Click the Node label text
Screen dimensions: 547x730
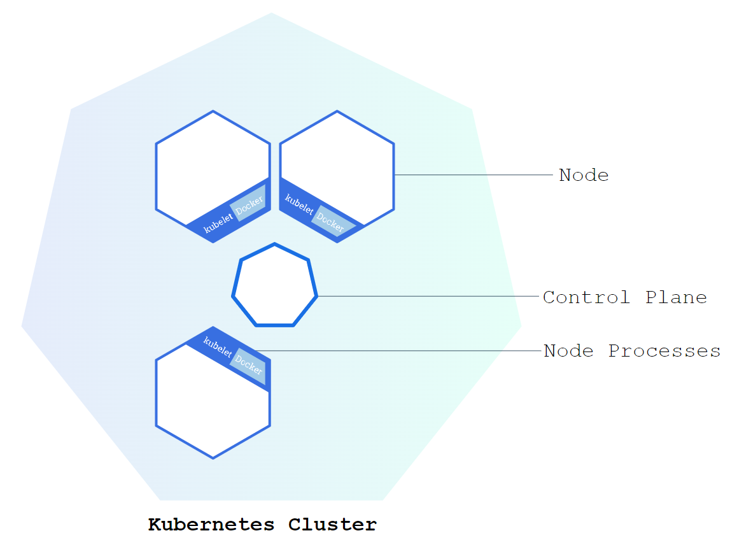[584, 175]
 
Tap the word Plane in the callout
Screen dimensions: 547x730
[676, 297]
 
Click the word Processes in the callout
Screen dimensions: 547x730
[664, 351]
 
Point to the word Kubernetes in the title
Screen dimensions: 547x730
[211, 525]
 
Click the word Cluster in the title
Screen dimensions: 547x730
[332, 525]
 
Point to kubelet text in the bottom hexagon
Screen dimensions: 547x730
[218, 345]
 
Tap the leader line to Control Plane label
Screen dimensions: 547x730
[426, 297]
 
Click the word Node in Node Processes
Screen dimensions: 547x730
[568, 351]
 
